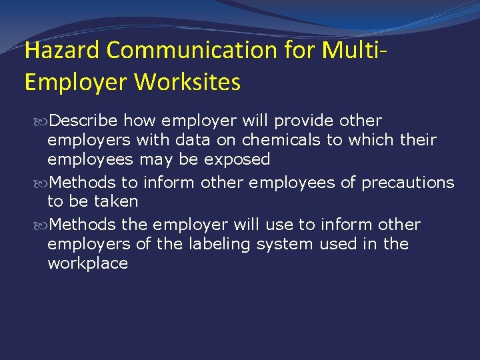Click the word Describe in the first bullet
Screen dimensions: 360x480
84,121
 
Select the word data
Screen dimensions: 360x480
195,140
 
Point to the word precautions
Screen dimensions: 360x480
408,182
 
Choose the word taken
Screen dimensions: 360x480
117,201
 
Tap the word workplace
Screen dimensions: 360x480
87,263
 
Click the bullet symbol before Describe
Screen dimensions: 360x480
43,121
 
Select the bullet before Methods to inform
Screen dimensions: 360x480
43,183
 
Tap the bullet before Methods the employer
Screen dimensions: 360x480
43,225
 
